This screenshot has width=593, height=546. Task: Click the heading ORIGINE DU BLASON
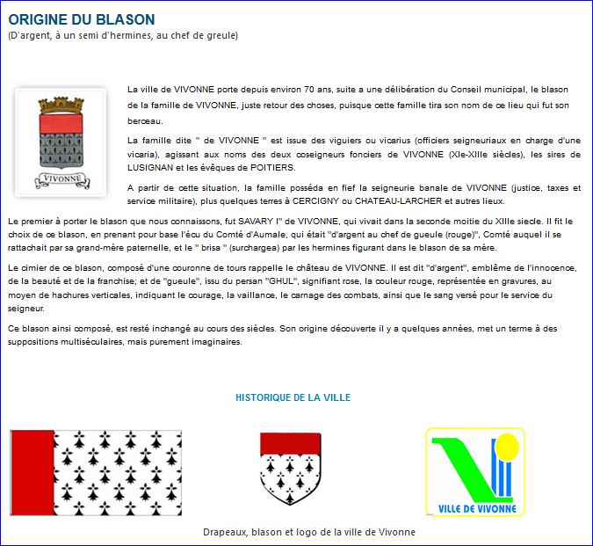pyautogui.click(x=82, y=19)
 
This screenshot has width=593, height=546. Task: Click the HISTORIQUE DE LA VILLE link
pyautogui.click(x=293, y=397)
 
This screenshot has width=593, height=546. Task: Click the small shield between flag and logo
pyautogui.click(x=289, y=468)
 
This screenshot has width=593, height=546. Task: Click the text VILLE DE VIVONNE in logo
pyautogui.click(x=474, y=508)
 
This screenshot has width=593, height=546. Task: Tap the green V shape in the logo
pyautogui.click(x=466, y=467)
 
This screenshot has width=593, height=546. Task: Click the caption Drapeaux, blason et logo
pyautogui.click(x=308, y=532)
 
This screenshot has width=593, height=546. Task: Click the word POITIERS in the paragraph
pyautogui.click(x=271, y=167)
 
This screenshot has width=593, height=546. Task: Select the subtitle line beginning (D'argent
pyautogui.click(x=123, y=35)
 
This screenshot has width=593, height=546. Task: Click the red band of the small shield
pyautogui.click(x=289, y=443)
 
